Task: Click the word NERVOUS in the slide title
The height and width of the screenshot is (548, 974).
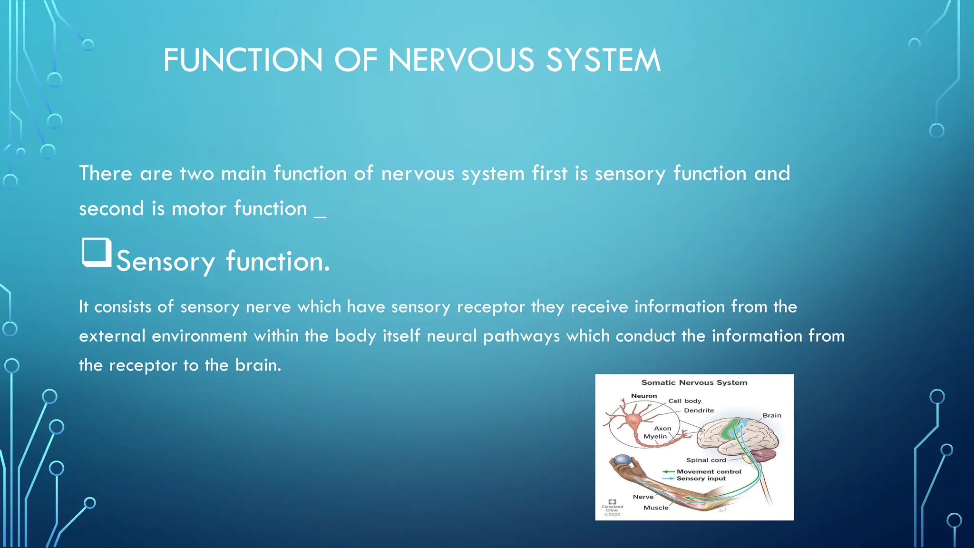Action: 461,60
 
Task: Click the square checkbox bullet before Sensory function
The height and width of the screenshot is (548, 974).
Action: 97,252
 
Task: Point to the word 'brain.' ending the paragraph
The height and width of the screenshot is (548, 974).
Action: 258,365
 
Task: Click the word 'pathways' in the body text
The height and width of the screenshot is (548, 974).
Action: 521,336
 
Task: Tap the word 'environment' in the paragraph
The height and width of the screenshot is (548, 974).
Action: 199,336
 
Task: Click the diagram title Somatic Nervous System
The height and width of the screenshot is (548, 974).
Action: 694,382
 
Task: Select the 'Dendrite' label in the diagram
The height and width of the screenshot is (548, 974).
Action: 699,411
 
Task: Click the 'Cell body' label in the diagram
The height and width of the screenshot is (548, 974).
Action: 684,401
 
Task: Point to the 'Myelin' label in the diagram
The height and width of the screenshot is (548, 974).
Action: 655,436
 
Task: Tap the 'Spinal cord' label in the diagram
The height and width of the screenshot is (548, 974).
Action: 706,460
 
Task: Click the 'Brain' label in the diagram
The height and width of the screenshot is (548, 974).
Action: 771,415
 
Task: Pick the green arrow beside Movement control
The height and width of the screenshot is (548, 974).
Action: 668,471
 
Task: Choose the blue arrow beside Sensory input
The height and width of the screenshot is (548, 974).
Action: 668,479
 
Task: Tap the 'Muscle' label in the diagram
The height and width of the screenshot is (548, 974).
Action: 656,508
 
